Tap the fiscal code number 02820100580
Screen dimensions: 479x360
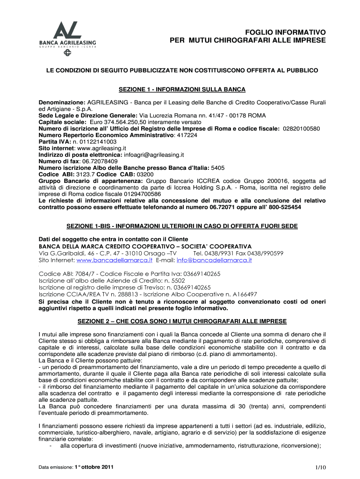[x=302, y=128]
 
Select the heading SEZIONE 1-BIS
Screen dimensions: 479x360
[x=182, y=226]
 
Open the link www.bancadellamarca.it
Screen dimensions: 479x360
[x=115, y=260]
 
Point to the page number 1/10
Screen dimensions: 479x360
[x=320, y=467]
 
